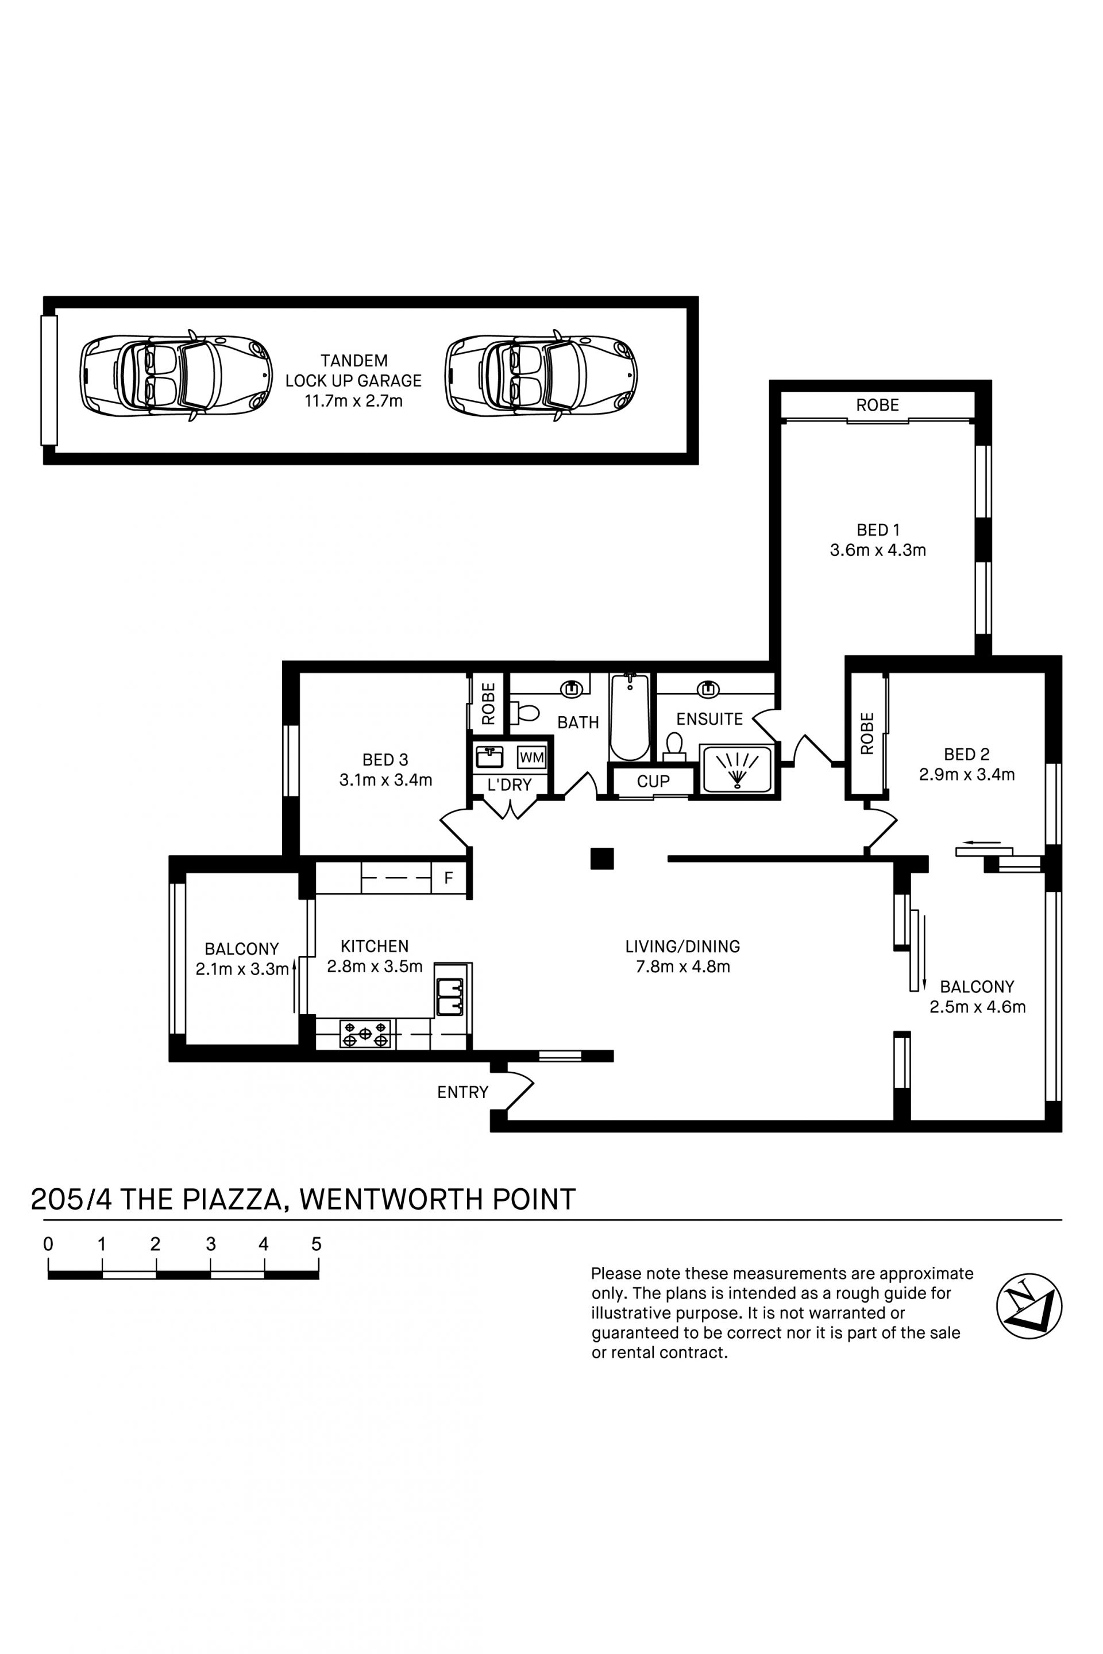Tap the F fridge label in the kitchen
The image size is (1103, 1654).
click(x=449, y=878)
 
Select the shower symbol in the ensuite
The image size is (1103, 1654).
click(x=736, y=768)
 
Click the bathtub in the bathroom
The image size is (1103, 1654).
click(x=630, y=716)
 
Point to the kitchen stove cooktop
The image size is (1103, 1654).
click(x=365, y=1034)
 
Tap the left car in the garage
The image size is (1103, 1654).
click(x=176, y=376)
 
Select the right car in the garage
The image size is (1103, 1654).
click(x=541, y=376)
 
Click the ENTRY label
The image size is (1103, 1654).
click(x=462, y=1092)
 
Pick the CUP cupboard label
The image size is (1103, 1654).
click(x=653, y=781)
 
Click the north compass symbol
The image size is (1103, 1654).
click(x=1029, y=1306)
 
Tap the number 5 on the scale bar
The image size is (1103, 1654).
click(x=317, y=1244)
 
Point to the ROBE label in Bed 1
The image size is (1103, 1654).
click(x=877, y=405)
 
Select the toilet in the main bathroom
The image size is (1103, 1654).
click(x=524, y=713)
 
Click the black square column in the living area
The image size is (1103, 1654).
click(x=602, y=859)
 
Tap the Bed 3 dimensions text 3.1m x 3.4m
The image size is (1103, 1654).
click(x=385, y=780)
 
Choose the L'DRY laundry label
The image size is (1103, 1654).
click(x=510, y=785)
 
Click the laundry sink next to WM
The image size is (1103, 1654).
click(x=489, y=757)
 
